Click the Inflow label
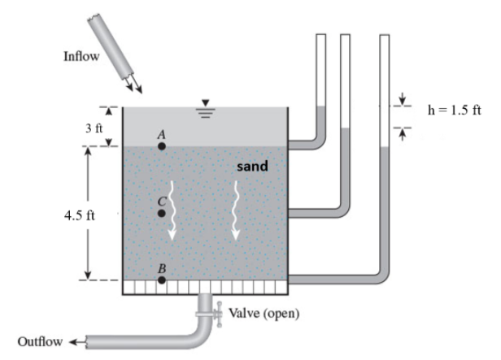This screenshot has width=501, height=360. click(81, 56)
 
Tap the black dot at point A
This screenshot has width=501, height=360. click(162, 146)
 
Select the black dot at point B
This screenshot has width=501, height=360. click(162, 280)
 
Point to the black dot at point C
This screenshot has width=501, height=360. click(162, 213)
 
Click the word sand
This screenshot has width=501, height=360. click(252, 167)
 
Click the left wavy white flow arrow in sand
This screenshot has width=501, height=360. click(172, 213)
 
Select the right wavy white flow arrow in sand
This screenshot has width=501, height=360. click(237, 211)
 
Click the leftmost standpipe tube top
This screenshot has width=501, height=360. click(320, 37)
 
